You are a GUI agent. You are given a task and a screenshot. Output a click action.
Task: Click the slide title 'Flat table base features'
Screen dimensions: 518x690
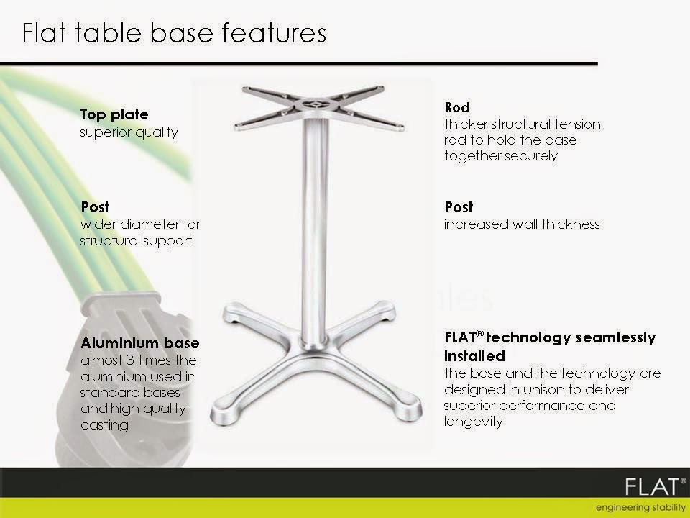pos(175,33)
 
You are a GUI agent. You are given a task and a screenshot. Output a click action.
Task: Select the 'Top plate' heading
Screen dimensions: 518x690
pos(114,114)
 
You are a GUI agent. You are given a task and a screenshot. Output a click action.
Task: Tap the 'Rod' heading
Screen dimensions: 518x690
pos(457,108)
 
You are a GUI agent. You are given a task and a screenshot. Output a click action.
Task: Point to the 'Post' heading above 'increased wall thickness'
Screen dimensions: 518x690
pos(459,207)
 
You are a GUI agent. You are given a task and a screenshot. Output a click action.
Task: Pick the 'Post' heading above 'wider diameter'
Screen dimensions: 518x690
pos(96,207)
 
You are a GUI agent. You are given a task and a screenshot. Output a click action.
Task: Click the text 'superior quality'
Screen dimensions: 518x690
pos(129,132)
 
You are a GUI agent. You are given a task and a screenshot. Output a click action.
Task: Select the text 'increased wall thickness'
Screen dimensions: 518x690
pos(521,224)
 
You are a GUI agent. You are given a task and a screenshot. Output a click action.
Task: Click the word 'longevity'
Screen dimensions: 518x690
pos(473,422)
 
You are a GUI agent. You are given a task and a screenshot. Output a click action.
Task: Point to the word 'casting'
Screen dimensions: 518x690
pos(104,425)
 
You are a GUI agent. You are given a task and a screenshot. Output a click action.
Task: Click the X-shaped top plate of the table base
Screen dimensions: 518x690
pos(313,105)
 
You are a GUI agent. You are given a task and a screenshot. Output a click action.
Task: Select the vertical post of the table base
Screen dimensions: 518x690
pos(315,230)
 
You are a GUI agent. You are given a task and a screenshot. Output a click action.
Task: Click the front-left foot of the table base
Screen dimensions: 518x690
pos(224,417)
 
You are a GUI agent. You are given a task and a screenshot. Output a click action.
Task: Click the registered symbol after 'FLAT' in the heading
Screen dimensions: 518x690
pos(479,333)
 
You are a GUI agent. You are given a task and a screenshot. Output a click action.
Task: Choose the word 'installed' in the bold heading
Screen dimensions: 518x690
pos(474,356)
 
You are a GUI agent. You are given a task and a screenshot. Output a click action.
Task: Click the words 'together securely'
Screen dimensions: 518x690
pos(500,156)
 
